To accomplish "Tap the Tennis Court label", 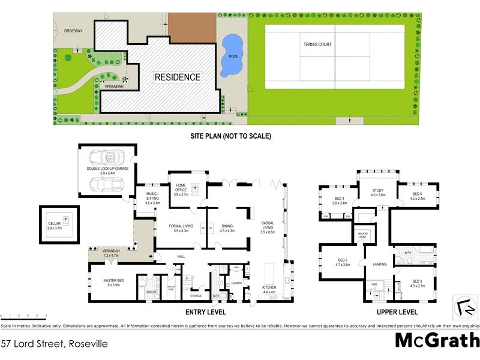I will click(317, 44).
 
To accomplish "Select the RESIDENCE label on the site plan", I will click(178, 77).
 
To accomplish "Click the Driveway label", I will click(73, 30).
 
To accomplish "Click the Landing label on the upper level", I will click(379, 263).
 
